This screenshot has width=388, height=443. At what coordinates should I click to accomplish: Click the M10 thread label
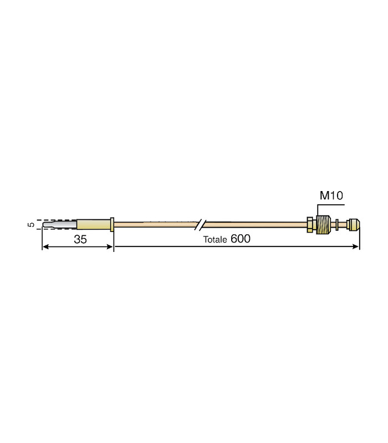[331, 195]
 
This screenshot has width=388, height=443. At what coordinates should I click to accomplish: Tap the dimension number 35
[80, 239]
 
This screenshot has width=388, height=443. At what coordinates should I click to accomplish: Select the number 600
[241, 239]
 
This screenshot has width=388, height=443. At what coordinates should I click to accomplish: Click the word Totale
[215, 240]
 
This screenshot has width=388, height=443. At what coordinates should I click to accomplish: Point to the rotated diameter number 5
[31, 225]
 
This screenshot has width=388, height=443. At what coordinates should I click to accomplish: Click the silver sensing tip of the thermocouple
[60, 225]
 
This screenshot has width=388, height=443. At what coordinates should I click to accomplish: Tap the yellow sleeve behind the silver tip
[93, 225]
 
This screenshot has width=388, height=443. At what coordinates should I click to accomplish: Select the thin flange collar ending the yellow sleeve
[112, 225]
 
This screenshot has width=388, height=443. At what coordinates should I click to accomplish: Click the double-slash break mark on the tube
[200, 225]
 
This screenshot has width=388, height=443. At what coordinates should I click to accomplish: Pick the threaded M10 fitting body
[323, 225]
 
